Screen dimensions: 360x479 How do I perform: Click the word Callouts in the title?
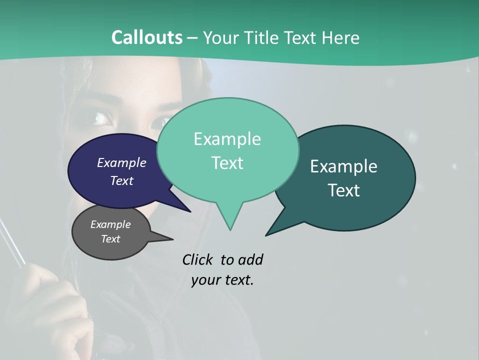(147, 37)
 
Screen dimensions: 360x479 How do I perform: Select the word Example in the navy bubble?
(121, 162)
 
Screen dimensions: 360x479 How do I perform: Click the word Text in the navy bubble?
(121, 180)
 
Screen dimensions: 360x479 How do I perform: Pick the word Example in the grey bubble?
(110, 224)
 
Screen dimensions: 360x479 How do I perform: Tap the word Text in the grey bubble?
(110, 239)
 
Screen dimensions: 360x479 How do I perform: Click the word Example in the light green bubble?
(227, 139)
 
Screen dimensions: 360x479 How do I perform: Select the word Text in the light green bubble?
(227, 163)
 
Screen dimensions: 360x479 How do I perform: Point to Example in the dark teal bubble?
(343, 166)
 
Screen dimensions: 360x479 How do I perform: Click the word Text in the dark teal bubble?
(343, 190)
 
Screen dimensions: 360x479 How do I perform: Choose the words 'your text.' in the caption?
(222, 280)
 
